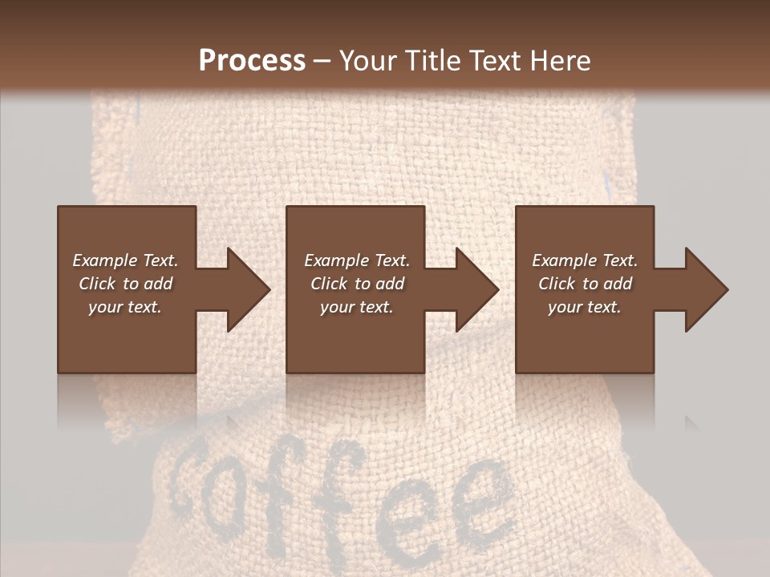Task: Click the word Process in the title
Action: coord(252,61)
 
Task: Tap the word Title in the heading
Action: coord(434,61)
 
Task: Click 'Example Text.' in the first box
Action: coord(125,260)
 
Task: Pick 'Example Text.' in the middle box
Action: coord(357,260)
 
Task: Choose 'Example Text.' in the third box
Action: coord(585,260)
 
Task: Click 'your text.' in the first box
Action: coord(125,307)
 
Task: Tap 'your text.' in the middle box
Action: coord(357,307)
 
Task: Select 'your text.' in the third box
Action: coord(585,307)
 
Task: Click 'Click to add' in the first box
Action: coord(125,284)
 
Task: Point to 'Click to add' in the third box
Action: coord(585,284)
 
